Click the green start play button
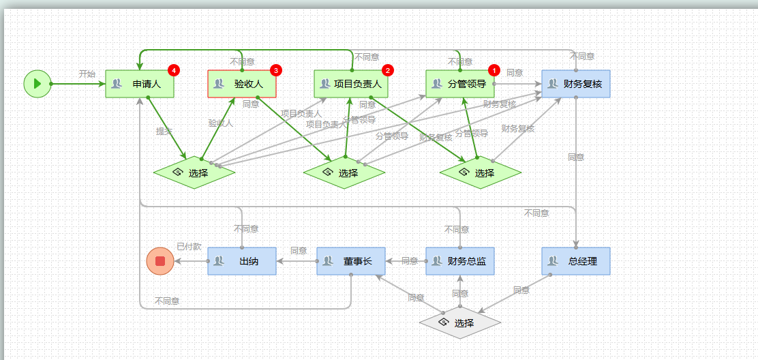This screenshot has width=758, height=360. click(x=37, y=84)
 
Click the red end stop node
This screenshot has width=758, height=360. click(x=160, y=261)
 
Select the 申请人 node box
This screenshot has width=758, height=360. click(x=140, y=84)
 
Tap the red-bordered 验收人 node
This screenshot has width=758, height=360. click(x=242, y=84)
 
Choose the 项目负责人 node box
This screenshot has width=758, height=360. click(x=351, y=84)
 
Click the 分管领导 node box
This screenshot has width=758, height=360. click(x=460, y=84)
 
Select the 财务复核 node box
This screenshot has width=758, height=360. click(x=576, y=84)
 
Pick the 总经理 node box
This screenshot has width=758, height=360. click(x=576, y=261)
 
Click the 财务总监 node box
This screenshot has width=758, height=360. click(x=460, y=261)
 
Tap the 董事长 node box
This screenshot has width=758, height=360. click(x=351, y=261)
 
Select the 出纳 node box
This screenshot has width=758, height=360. click(x=242, y=261)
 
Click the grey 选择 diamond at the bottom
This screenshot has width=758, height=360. click(x=460, y=322)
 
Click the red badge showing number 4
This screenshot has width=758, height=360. click(x=174, y=70)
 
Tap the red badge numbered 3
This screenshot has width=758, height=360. click(x=276, y=70)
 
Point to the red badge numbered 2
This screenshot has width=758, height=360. click(x=387, y=70)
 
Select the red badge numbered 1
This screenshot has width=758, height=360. click(x=494, y=70)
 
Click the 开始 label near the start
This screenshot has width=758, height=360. click(x=87, y=74)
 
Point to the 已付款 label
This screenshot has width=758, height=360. click(x=189, y=246)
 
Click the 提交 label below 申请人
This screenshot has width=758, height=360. click(x=164, y=132)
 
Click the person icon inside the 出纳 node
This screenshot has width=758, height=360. click(x=219, y=261)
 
